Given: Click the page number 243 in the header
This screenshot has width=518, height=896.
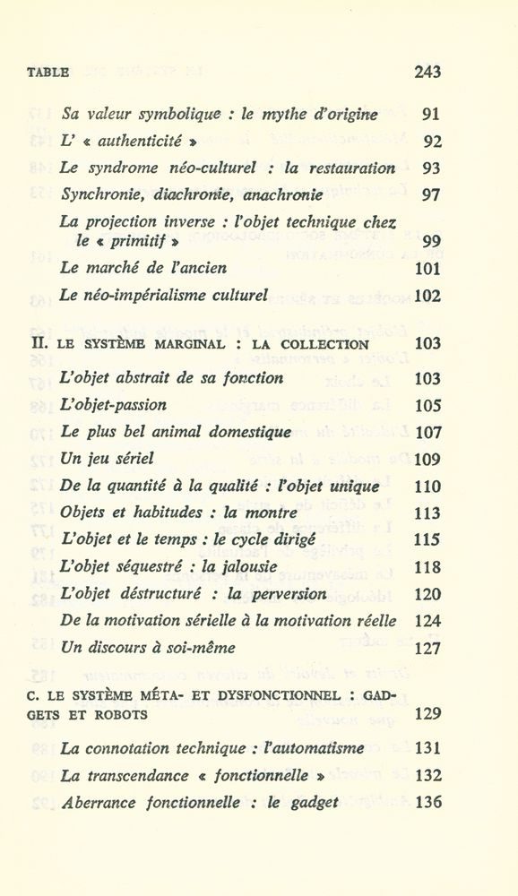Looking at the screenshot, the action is pyautogui.click(x=427, y=73).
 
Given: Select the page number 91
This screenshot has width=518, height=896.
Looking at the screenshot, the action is pyautogui.click(x=431, y=114).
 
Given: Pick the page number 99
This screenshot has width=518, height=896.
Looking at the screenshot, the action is pyautogui.click(x=431, y=240).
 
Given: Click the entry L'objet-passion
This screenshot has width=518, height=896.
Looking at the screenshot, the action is pyautogui.click(x=113, y=405).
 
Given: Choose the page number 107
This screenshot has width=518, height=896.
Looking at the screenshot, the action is pyautogui.click(x=428, y=433).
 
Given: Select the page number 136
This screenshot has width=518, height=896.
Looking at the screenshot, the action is pyautogui.click(x=428, y=803).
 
